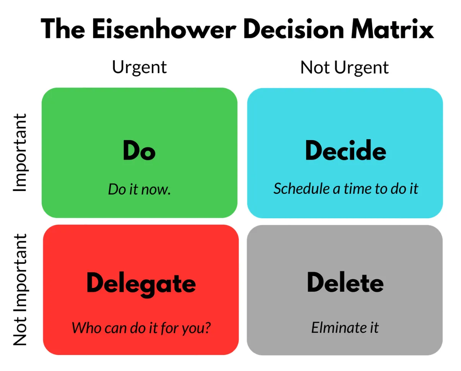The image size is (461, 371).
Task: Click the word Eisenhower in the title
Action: (x=164, y=29)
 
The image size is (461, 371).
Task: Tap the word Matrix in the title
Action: (x=392, y=29)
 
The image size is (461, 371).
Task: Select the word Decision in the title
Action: (x=294, y=29)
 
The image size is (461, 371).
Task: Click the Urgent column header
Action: (x=139, y=67)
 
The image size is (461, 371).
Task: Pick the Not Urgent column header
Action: (x=344, y=67)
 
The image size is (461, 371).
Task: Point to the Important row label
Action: (x=20, y=152)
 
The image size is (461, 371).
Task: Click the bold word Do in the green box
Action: (x=139, y=150)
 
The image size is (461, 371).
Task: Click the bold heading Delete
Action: (x=345, y=282)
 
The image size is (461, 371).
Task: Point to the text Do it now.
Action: (x=139, y=189)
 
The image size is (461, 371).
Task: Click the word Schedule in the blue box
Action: (x=302, y=188)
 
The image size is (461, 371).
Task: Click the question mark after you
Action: (x=207, y=328)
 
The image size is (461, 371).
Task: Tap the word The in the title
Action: (x=63, y=29)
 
